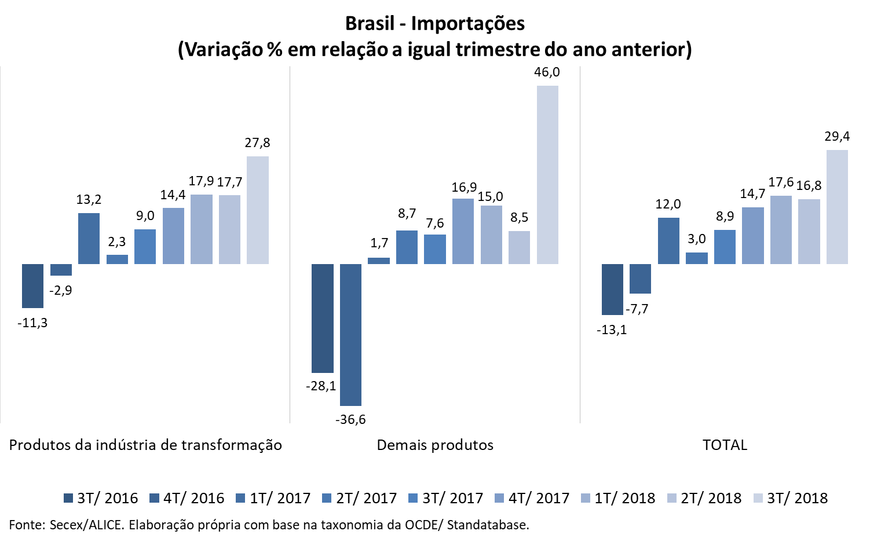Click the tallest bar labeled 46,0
point(547,175)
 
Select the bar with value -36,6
point(350,335)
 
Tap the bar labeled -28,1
point(323,318)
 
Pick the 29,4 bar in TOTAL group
point(837,207)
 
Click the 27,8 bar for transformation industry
point(258,210)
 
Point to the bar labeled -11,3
point(32,286)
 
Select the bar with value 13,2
point(89,239)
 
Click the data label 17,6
point(781,182)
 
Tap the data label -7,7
point(637,309)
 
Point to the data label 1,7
point(379,243)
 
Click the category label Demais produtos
point(435,445)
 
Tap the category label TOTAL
point(725,445)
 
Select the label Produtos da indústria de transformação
point(145,445)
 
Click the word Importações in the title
point(468,23)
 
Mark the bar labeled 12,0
point(668,241)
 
